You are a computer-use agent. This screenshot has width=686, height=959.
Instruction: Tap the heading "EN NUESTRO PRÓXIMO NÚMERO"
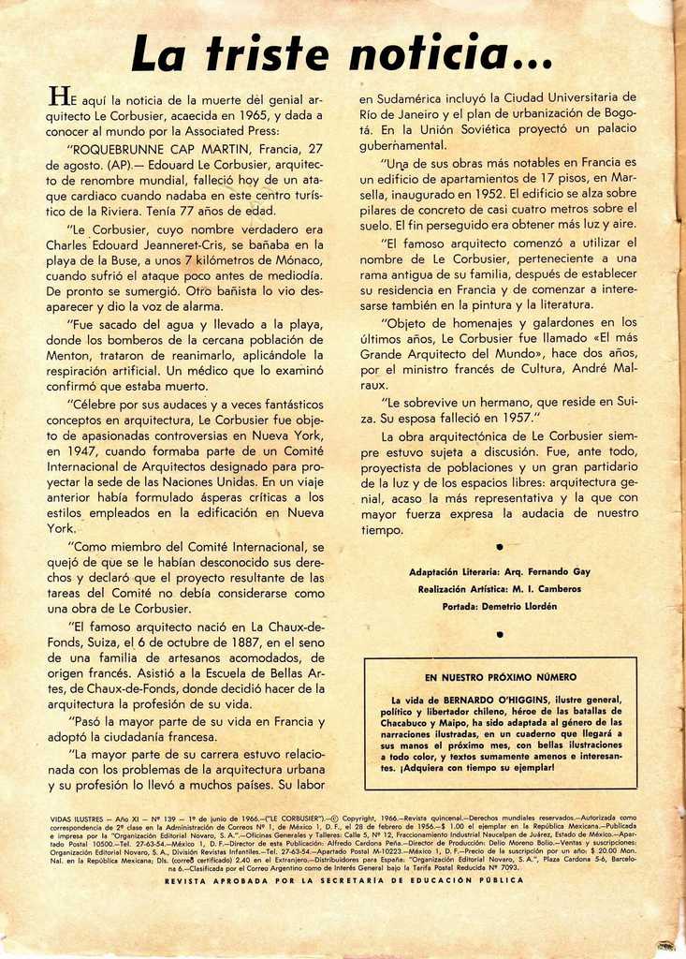tap(500, 676)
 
